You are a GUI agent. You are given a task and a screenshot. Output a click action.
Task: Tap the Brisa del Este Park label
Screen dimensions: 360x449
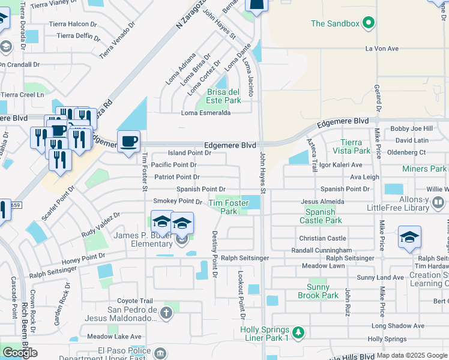coord(224,96)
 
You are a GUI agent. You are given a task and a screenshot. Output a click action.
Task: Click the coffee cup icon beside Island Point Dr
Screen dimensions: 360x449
coord(129,142)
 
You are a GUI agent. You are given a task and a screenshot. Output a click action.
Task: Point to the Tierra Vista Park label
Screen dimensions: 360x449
coord(351,146)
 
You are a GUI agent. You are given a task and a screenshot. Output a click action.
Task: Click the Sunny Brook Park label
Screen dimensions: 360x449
coord(318,291)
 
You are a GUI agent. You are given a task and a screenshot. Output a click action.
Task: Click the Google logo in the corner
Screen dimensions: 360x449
coord(20,353)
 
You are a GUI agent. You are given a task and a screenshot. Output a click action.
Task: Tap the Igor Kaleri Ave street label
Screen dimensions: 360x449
coord(340,165)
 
